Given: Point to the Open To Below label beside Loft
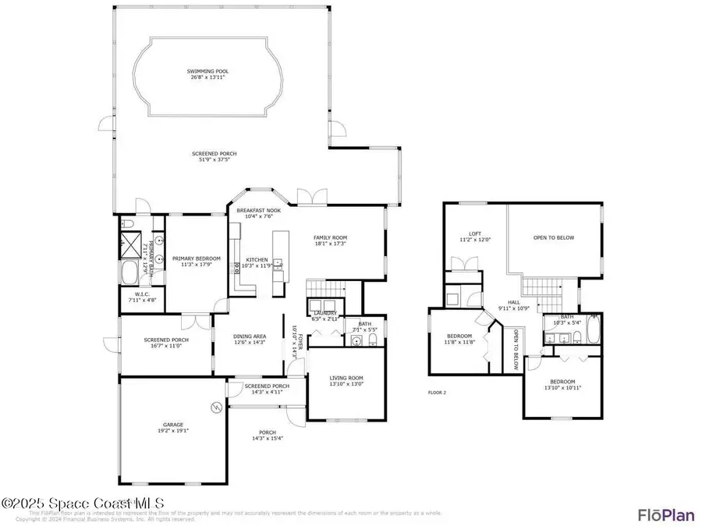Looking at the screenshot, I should tap(554, 237).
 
